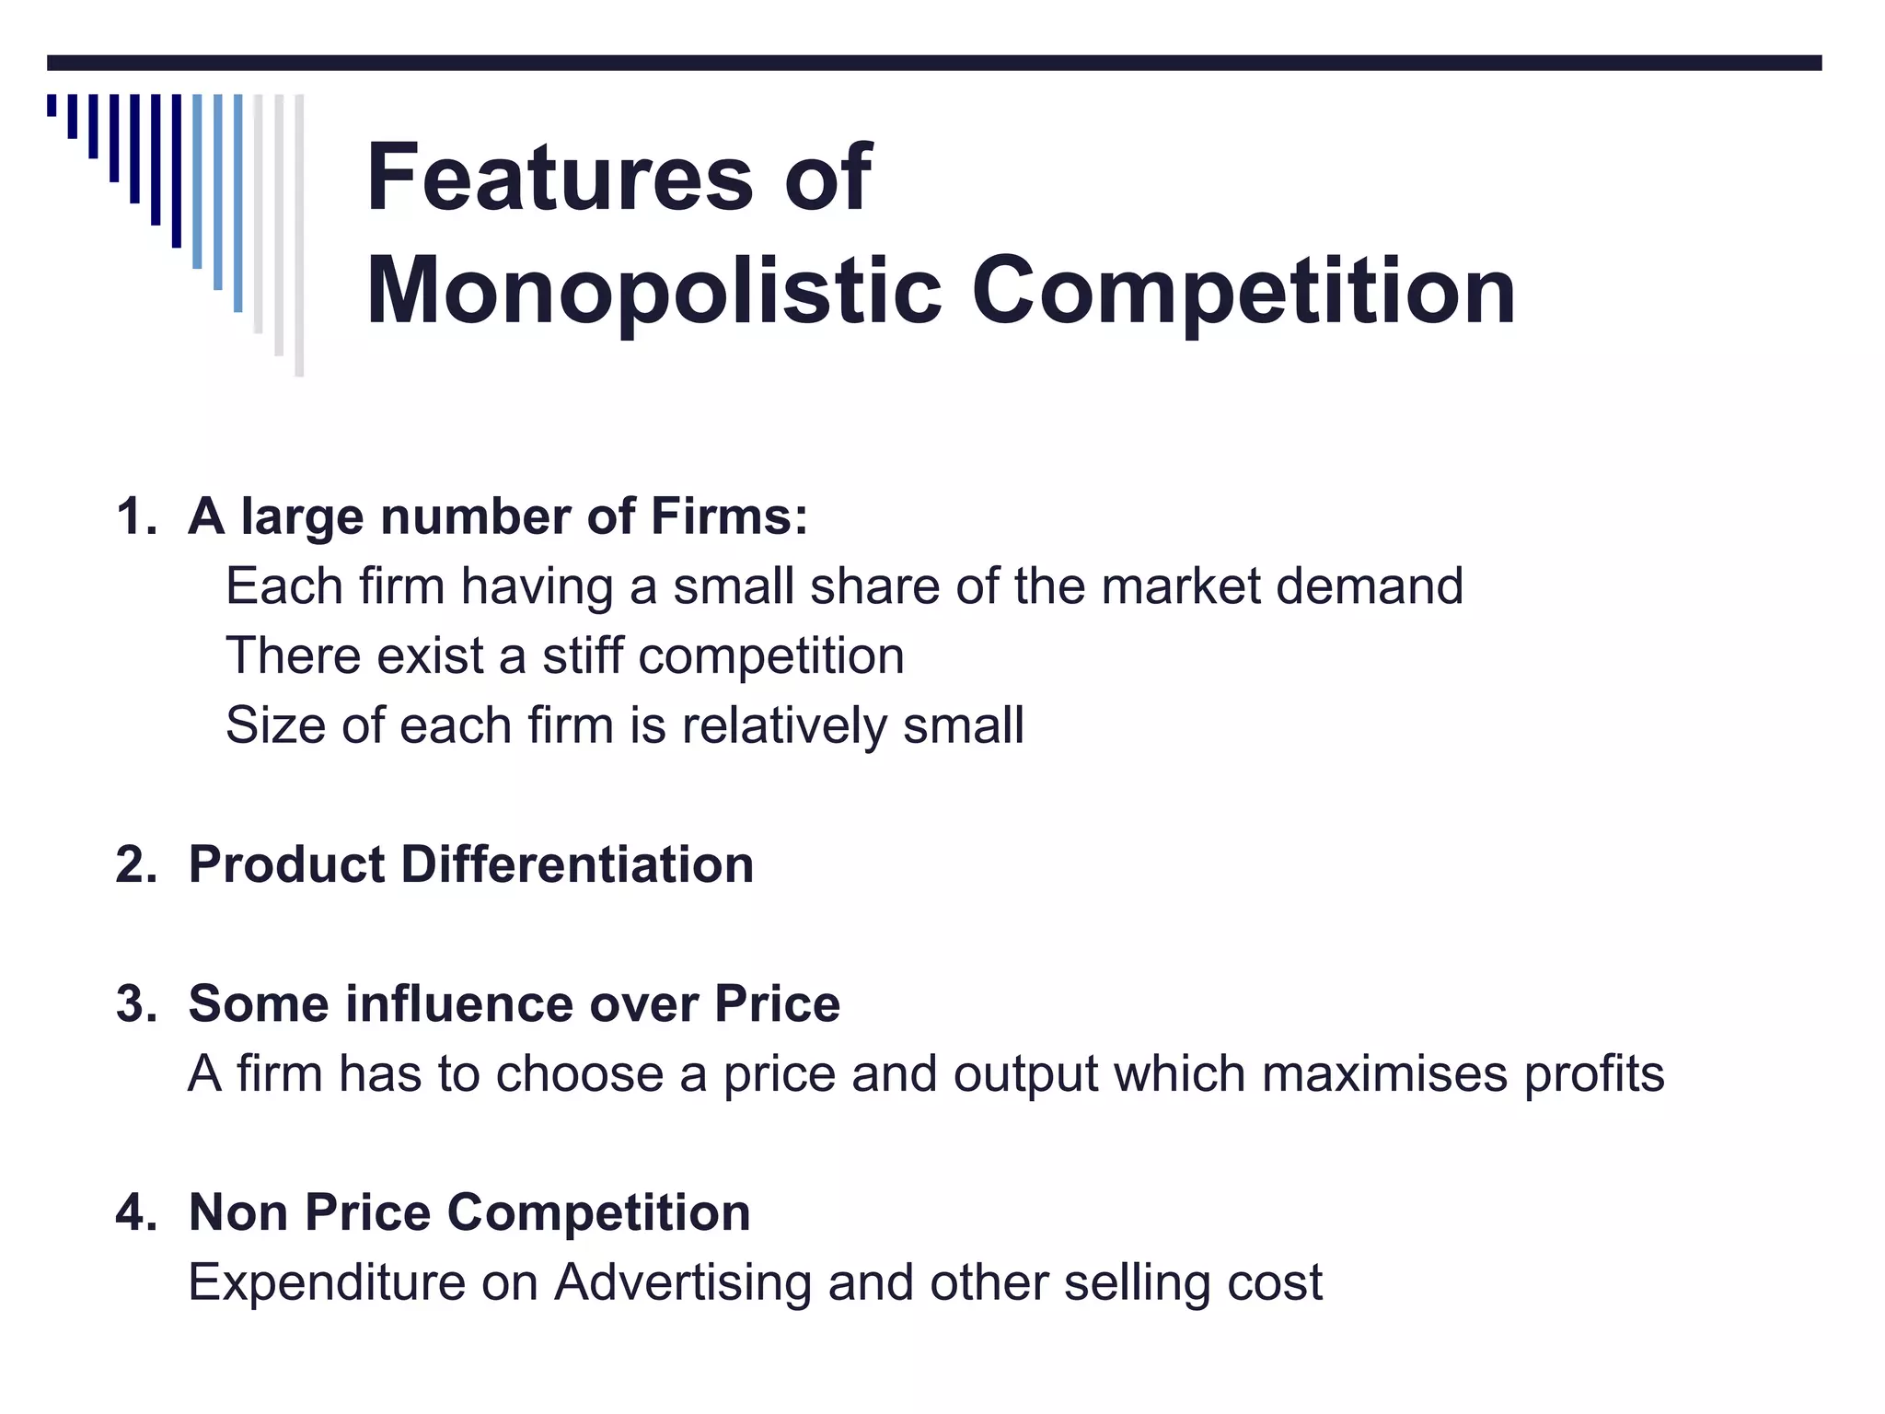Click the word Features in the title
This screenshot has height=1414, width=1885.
pyautogui.click(x=560, y=177)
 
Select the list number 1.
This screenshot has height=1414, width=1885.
pyautogui.click(x=134, y=516)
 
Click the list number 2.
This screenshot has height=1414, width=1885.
pyautogui.click(x=134, y=865)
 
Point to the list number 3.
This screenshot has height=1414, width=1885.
pyautogui.click(x=134, y=1003)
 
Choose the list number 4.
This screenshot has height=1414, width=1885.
pyautogui.click(x=134, y=1212)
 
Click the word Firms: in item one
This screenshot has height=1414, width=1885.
pyautogui.click(x=729, y=516)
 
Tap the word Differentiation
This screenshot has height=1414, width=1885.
pyautogui.click(x=577, y=865)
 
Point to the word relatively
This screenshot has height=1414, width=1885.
pyautogui.click(x=784, y=725)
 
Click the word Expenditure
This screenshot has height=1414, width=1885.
pyautogui.click(x=327, y=1282)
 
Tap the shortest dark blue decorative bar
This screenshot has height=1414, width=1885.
pyautogui.click(x=52, y=105)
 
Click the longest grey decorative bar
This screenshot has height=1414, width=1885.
pyautogui.click(x=299, y=235)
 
